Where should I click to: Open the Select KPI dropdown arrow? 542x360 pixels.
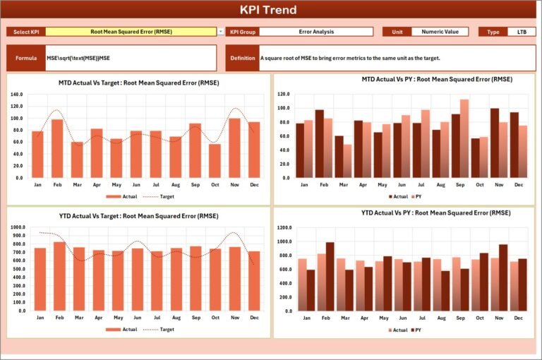coord(221,32)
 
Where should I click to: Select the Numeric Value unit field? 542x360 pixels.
coord(439,32)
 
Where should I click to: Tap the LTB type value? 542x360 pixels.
coord(522,32)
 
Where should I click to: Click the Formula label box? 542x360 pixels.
coord(26,58)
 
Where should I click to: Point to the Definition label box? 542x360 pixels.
coord(243,58)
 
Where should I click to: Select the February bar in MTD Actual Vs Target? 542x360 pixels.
coord(57,148)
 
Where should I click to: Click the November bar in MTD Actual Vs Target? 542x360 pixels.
coord(234,148)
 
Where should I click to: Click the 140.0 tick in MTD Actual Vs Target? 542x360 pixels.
coord(17,94)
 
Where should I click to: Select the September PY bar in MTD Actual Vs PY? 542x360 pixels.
coord(464,138)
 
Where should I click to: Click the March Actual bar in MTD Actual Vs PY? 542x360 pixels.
coord(339,157)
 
